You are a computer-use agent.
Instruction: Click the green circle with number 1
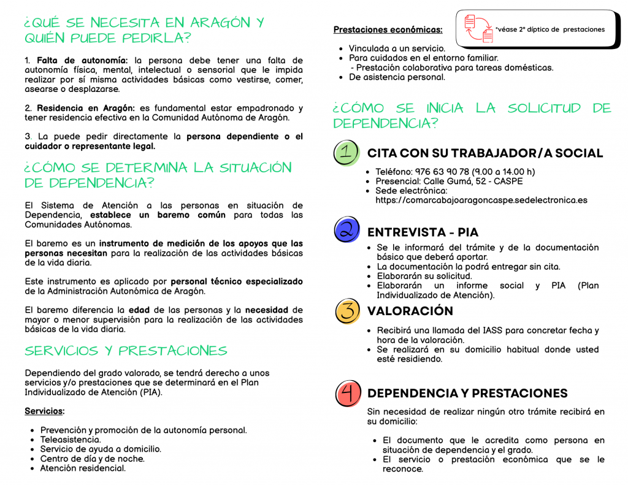347,153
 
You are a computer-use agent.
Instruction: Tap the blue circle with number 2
347,229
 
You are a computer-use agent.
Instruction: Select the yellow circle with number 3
347,311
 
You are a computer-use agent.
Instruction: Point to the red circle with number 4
348,393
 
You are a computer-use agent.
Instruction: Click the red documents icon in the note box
478,29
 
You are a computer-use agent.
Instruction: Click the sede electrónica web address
481,200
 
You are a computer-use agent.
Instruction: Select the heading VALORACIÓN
410,311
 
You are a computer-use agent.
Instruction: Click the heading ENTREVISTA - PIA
423,232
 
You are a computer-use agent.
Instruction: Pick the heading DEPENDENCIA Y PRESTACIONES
467,393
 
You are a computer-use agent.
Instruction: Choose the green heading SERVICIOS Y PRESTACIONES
126,351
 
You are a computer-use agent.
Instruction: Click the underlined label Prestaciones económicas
388,29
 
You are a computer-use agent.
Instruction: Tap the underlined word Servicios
44,411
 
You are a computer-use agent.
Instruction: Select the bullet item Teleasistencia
71,440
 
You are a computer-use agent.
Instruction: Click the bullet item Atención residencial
83,468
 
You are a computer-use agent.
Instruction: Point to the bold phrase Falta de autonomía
82,60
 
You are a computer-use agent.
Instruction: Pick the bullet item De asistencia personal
397,77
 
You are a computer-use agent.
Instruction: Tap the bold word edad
139,310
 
